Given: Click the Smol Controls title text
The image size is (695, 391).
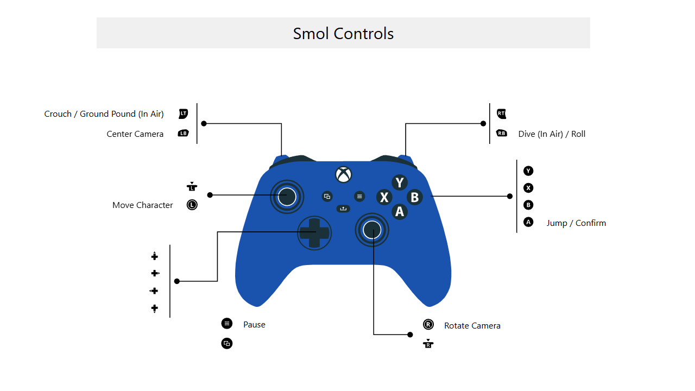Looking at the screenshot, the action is pyautogui.click(x=343, y=34).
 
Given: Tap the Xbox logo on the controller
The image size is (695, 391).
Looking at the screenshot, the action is pyautogui.click(x=344, y=175).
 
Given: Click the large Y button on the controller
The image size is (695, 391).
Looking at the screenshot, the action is pyautogui.click(x=399, y=182).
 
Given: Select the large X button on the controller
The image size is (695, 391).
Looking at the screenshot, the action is pyautogui.click(x=384, y=197).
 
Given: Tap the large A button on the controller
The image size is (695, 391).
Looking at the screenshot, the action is pyautogui.click(x=399, y=212).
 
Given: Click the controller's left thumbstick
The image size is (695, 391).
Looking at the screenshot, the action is pyautogui.click(x=287, y=197).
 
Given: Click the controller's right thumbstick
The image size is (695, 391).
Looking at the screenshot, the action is pyautogui.click(x=372, y=230).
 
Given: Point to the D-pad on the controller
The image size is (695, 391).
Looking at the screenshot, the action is pyautogui.click(x=314, y=233).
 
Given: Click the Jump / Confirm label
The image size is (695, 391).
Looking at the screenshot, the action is pyautogui.click(x=576, y=223).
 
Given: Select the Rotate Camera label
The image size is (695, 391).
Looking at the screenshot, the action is pyautogui.click(x=472, y=325).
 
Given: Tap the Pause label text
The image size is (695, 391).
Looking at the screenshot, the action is pyautogui.click(x=254, y=325).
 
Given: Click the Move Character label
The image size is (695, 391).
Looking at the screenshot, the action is pyautogui.click(x=142, y=205).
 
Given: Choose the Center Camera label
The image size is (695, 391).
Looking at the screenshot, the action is pyautogui.click(x=135, y=134).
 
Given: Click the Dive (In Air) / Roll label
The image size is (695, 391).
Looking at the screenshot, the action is pyautogui.click(x=552, y=134).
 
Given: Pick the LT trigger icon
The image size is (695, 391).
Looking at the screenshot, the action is pyautogui.click(x=184, y=113).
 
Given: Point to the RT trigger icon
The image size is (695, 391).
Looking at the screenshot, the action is pyautogui.click(x=501, y=113).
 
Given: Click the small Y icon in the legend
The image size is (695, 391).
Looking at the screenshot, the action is pyautogui.click(x=528, y=171).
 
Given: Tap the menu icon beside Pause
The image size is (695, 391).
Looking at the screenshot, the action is pyautogui.click(x=227, y=324).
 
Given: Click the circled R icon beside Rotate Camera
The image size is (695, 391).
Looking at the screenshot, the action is pyautogui.click(x=428, y=325).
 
